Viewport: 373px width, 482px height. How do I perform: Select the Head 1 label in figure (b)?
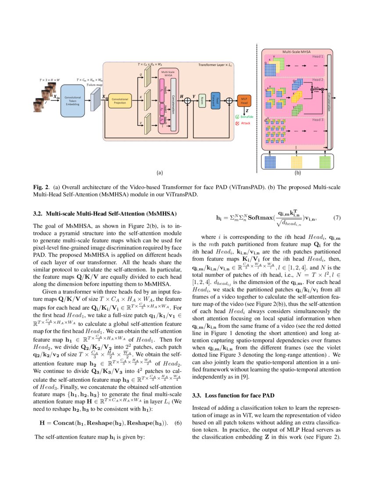tap(317, 57)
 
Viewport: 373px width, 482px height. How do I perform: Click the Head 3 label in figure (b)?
tap(317, 119)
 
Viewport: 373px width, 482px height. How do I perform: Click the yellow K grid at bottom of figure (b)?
tap(299, 162)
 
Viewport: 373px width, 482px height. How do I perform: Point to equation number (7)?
tap(337, 218)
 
